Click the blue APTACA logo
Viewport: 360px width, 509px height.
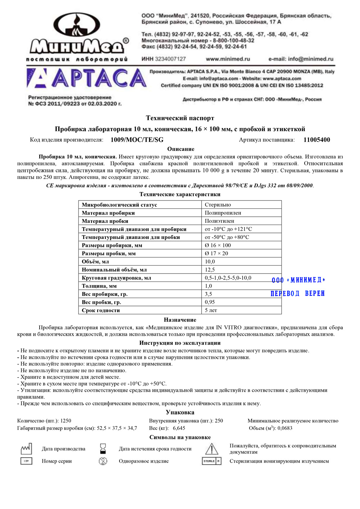click(86, 78)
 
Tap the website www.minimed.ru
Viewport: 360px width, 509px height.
click(228, 59)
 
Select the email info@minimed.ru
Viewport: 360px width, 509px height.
click(301, 59)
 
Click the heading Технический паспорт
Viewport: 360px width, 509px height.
click(180, 118)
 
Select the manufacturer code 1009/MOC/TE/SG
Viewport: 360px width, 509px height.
click(137, 140)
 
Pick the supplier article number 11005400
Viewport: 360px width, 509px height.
click(316, 140)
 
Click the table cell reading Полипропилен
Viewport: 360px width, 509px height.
click(223, 213)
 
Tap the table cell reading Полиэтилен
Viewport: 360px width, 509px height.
click(219, 221)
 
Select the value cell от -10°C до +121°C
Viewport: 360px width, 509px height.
click(228, 229)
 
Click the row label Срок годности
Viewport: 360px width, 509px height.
click(101, 310)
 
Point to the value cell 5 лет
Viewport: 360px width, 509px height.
click(211, 310)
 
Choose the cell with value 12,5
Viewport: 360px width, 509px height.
click(210, 270)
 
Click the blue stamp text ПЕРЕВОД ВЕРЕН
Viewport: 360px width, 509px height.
click(297, 294)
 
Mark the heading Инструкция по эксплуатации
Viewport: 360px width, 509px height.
click(180, 343)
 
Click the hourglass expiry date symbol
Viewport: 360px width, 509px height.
click(103, 449)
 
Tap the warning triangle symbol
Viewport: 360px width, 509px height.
click(212, 449)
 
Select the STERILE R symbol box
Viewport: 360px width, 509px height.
click(212, 461)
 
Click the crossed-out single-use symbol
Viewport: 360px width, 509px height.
click(103, 461)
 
